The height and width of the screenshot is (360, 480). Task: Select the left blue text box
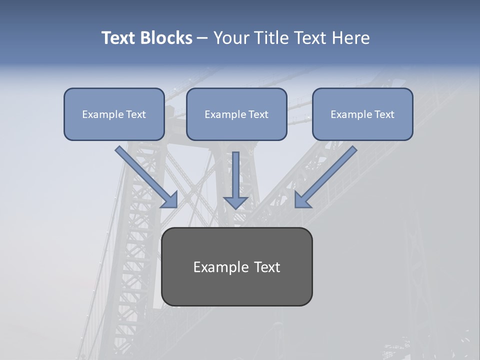[x=114, y=114]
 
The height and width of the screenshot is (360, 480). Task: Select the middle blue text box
[x=236, y=114]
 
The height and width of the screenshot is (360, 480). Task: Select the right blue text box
[x=362, y=114]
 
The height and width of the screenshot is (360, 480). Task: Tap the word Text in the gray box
[x=266, y=267]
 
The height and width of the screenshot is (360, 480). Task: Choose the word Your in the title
[x=230, y=38]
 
